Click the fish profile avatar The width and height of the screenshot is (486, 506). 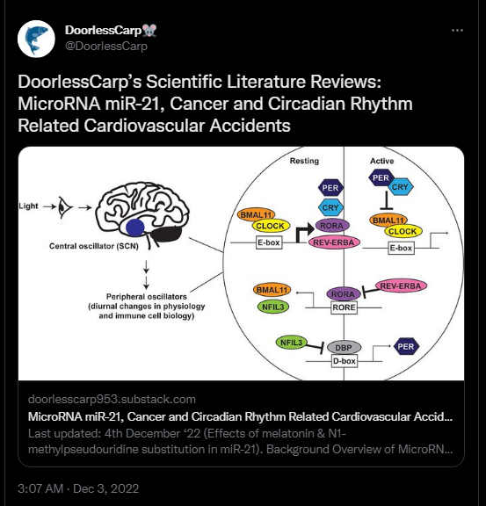tap(36, 39)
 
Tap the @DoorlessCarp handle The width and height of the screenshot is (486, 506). tap(106, 47)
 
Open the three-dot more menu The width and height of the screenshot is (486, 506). tap(457, 31)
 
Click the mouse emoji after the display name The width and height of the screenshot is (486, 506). tap(149, 31)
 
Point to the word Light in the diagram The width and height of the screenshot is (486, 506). tap(28, 206)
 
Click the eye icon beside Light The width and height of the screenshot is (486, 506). tap(65, 207)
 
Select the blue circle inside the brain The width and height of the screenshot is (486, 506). tap(135, 228)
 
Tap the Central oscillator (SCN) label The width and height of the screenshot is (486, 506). tap(94, 246)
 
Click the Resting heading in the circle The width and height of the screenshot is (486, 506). tap(304, 161)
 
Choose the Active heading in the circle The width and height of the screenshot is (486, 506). tap(382, 161)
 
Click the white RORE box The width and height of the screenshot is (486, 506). tap(344, 307)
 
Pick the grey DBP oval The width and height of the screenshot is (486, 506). tap(344, 348)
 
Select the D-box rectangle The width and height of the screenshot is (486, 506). tap(345, 361)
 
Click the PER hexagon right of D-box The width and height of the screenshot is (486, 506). tap(406, 347)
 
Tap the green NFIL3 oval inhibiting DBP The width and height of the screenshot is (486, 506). tap(292, 343)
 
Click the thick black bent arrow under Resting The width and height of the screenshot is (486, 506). tap(304, 233)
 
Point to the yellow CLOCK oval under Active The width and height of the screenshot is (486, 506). tap(403, 231)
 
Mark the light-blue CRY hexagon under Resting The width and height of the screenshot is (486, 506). tap(330, 207)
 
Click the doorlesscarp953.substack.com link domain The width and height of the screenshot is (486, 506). tap(112, 399)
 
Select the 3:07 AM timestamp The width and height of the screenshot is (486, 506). tap(40, 488)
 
